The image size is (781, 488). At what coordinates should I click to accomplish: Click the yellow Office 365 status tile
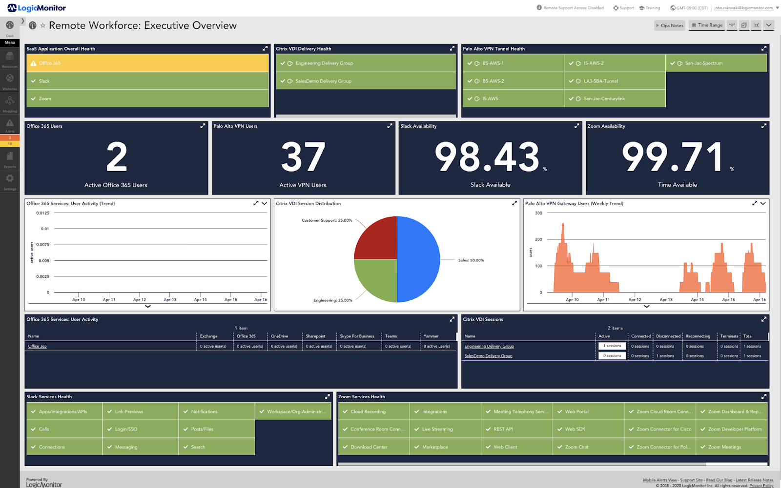coord(146,63)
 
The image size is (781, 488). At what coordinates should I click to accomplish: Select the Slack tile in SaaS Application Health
coord(146,81)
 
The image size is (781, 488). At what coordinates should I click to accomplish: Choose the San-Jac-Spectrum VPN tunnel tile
coord(716,63)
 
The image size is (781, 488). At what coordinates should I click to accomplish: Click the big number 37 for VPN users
coord(303,157)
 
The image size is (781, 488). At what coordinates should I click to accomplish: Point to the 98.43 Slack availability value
coord(487,157)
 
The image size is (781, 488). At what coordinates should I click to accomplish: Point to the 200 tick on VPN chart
coord(538,239)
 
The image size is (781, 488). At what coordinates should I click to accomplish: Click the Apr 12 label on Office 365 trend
coord(140,300)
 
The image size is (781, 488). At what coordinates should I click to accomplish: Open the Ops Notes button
coord(670,25)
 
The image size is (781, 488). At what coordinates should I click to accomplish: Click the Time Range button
coord(707,25)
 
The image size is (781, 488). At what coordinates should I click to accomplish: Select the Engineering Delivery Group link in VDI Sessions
coord(489,347)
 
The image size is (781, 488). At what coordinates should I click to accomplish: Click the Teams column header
coord(391,336)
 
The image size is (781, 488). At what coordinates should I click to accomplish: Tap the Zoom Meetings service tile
coord(731,447)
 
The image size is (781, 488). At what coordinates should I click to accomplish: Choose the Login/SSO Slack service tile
coord(140,429)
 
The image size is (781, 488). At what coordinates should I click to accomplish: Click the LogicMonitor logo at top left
coord(37,8)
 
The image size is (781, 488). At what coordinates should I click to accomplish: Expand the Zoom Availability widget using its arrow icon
coord(763,126)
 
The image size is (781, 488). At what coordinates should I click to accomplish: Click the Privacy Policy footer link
coord(761,486)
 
